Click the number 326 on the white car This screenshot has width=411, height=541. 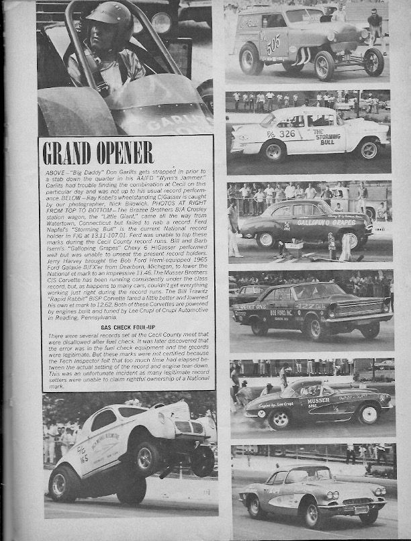click(287, 134)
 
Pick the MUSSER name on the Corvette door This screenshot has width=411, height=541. click(318, 401)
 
